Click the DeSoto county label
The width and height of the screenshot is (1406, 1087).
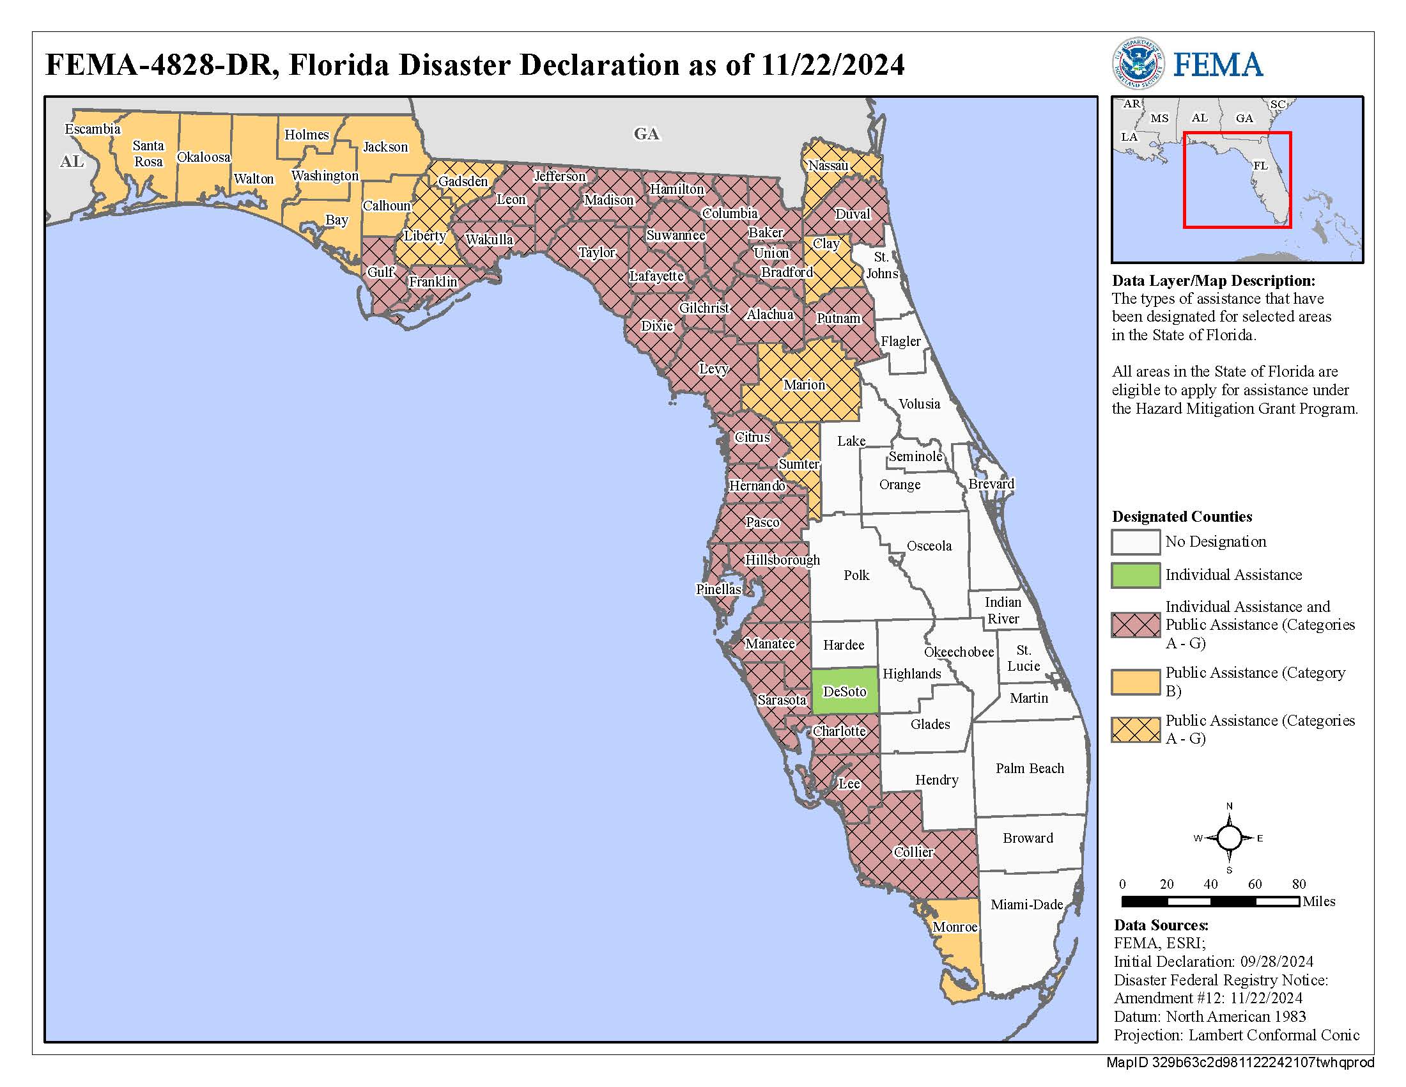[x=845, y=692]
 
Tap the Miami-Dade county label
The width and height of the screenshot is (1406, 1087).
[x=1026, y=904]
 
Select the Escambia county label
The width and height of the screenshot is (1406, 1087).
[x=93, y=129]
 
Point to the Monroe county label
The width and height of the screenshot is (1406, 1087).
[x=955, y=927]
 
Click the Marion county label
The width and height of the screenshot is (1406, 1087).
[x=804, y=385]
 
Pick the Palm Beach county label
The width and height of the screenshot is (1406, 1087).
[x=1030, y=768]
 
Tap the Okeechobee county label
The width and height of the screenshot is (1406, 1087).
[x=959, y=652]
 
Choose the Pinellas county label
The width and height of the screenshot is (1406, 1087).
[x=718, y=588]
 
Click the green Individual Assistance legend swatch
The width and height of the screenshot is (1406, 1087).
[x=1135, y=575]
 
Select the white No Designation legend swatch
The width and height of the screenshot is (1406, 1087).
[x=1135, y=542]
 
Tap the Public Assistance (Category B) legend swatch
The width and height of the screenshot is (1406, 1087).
[x=1135, y=682]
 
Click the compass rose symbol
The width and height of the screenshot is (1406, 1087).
[x=1229, y=838]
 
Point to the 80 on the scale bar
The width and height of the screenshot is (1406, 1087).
[x=1299, y=884]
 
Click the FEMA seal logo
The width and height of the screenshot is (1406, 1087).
[x=1138, y=64]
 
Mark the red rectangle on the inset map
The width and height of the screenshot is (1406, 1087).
[x=1237, y=180]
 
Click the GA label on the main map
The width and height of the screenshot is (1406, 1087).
[x=645, y=134]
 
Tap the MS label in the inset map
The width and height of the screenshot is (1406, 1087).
[x=1159, y=118]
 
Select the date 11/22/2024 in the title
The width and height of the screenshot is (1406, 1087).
[x=832, y=65]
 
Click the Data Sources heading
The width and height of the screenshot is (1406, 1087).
[x=1161, y=925]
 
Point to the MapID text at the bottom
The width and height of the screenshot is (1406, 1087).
[x=1239, y=1063]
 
